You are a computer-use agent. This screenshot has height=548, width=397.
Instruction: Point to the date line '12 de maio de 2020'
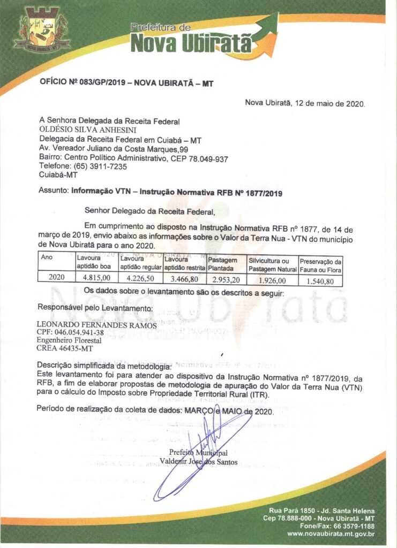pos(305,103)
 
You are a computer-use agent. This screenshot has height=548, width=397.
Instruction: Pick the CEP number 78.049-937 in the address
pos(208,158)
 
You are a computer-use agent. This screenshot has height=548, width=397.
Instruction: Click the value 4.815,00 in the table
pos(96,278)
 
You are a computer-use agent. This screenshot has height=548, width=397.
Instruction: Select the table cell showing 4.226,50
pos(140,278)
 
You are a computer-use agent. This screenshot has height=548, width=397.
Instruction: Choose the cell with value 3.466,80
pos(184,278)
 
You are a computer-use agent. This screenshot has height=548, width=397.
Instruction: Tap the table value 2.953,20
pos(226,279)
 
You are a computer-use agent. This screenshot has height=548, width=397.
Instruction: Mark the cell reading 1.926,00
pos(272,279)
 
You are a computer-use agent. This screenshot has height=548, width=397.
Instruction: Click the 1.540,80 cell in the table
pos(320,280)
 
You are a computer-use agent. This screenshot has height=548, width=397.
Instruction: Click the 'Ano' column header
pos(47,257)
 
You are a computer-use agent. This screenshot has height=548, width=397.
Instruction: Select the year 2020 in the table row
pos(56,277)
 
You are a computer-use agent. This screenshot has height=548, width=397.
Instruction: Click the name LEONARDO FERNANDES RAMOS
pos(96,325)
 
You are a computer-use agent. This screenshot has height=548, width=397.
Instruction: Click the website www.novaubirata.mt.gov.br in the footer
pos(331,534)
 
